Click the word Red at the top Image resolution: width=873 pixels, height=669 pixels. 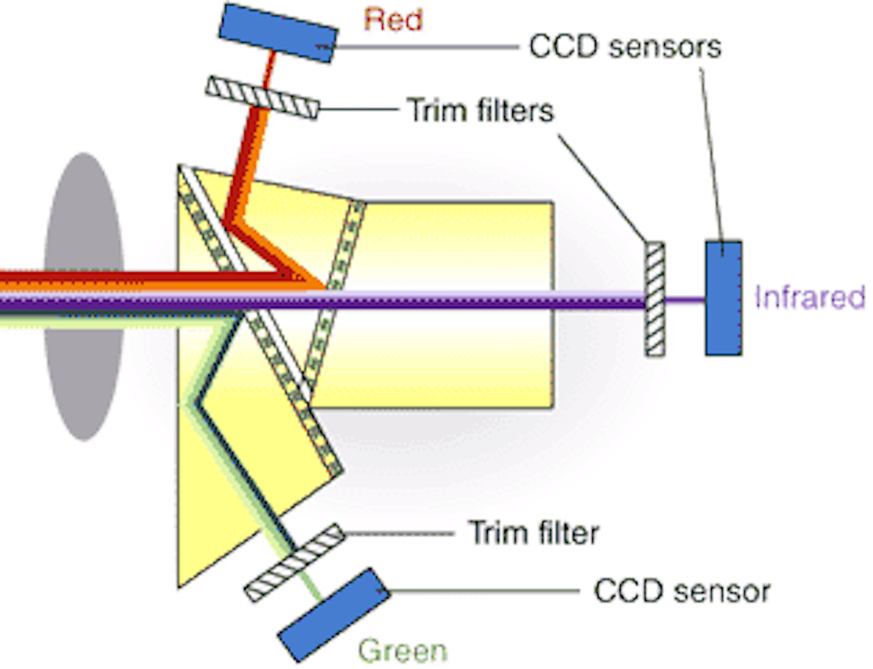(393, 20)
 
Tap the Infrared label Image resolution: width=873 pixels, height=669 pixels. (809, 297)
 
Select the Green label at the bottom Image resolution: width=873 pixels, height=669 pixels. (403, 651)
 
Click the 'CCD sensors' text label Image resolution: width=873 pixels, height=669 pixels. (624, 47)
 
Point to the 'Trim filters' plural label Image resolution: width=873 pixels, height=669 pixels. (480, 110)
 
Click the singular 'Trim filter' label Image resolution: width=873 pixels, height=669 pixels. (533, 533)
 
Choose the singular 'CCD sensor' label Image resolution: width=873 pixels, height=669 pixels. (681, 591)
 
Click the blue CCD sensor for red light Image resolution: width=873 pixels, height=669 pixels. (278, 32)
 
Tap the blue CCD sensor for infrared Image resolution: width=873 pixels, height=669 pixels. (723, 298)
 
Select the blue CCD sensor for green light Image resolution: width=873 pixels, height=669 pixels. (334, 614)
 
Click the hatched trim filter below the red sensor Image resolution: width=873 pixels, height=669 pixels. (262, 97)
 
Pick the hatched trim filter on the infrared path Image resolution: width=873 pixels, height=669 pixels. (654, 298)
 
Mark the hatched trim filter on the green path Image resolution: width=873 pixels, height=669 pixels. (295, 562)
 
